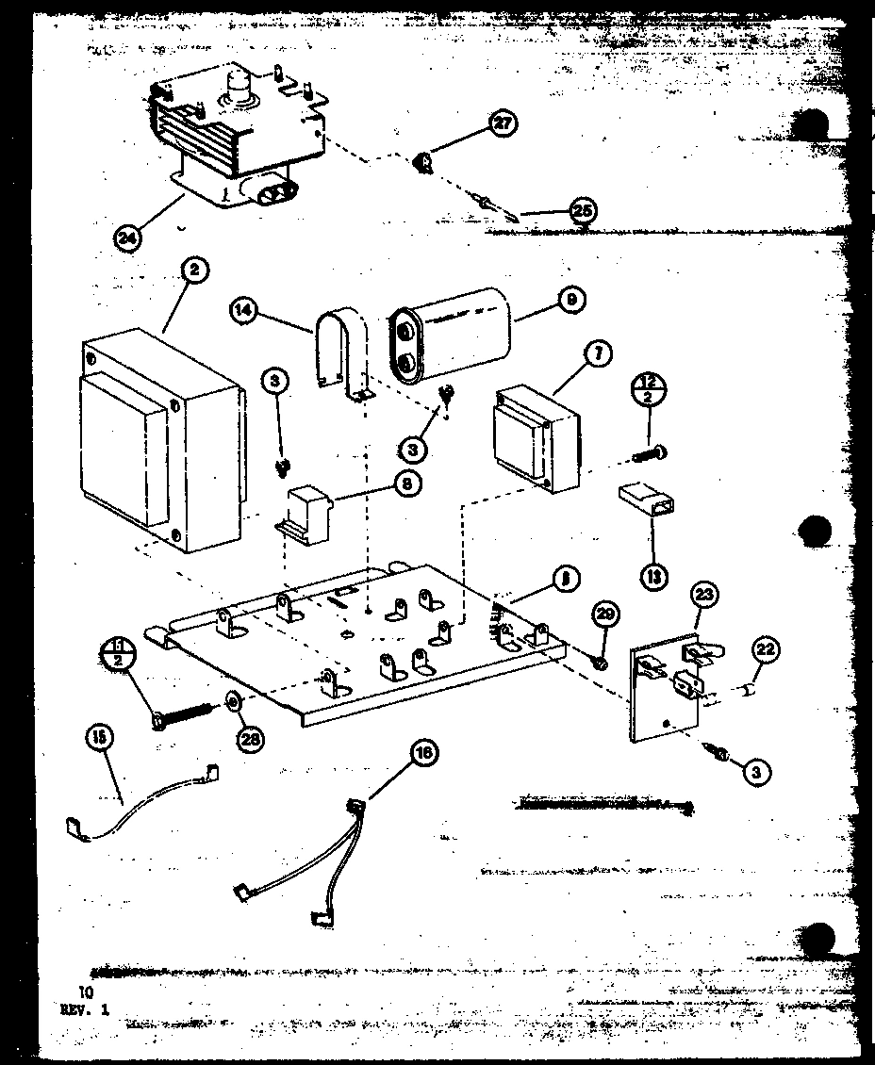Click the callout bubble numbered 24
point(127,238)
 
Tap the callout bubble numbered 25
point(582,211)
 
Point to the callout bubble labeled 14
point(244,310)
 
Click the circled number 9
point(571,301)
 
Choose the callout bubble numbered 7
point(598,355)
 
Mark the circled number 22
point(766,648)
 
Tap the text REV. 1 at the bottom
point(85,1008)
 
